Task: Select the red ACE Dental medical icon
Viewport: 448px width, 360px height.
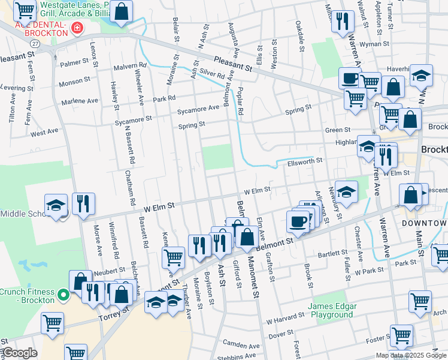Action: coord(77,28)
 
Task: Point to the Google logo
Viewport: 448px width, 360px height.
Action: coord(20,353)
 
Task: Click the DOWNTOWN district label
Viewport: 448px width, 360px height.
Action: coord(425,223)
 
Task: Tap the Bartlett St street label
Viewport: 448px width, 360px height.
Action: coord(332,254)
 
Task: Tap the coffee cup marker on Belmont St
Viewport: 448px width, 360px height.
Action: coord(297,221)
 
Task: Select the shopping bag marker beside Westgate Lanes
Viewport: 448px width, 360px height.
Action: coord(121,11)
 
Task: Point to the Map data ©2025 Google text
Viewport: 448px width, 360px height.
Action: coord(410,355)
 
